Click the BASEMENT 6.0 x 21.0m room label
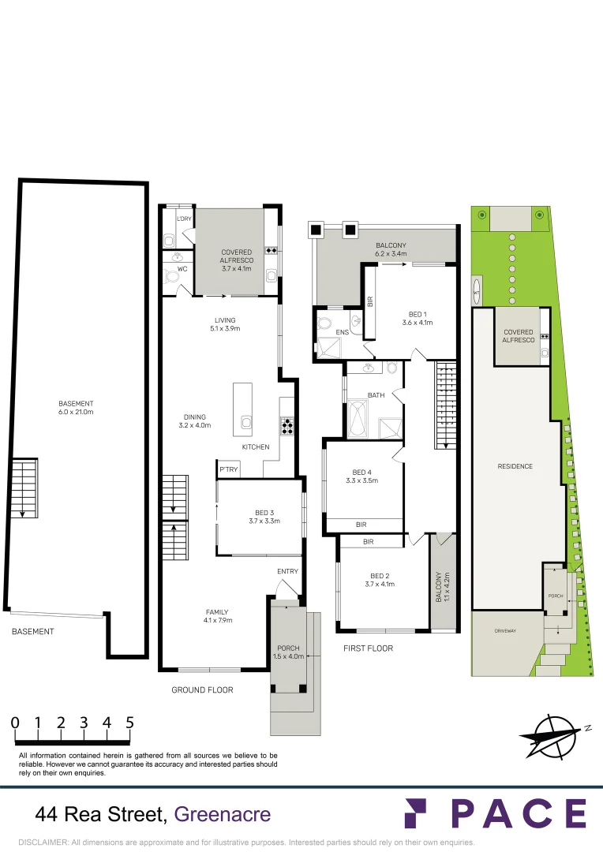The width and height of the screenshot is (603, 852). point(76,408)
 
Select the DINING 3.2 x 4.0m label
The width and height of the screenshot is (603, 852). point(194,421)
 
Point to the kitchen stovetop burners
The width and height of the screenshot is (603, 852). point(287,426)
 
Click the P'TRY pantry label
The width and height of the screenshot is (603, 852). point(229,470)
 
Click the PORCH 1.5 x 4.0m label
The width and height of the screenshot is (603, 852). point(287,652)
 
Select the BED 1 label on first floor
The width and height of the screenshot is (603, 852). point(417,318)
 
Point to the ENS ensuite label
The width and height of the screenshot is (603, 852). point(342,333)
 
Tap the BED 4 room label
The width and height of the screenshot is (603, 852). point(362,476)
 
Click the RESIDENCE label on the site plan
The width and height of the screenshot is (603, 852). point(515,466)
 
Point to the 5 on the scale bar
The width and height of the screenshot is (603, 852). point(129,722)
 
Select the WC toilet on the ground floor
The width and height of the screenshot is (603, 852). point(171,275)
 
